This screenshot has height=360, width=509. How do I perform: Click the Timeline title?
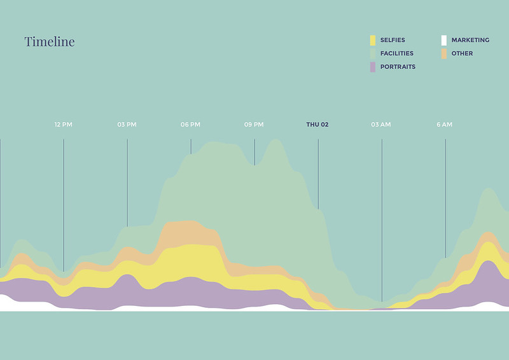pos(50,42)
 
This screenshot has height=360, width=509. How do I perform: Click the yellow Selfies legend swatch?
pos(373,40)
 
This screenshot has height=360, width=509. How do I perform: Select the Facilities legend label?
pos(396,53)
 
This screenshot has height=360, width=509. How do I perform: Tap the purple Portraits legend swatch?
pos(373,67)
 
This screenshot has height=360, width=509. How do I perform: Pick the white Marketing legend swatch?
pos(444,40)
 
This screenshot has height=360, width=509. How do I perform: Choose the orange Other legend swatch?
pos(444,53)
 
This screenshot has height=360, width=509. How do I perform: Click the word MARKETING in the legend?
pos(470,40)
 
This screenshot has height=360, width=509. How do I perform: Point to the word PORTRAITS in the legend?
pos(398,67)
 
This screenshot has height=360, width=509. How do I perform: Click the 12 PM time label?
pos(64,125)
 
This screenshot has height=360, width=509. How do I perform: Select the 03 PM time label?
pos(127,125)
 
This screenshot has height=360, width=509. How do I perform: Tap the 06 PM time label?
pos(190,125)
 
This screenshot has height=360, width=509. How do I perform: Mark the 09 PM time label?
pos(254,125)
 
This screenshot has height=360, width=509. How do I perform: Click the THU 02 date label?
pos(317,125)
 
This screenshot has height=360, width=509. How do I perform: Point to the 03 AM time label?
pos(381,125)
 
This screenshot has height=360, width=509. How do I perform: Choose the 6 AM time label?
pos(445,125)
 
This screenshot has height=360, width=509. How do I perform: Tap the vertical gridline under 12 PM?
pos(64,204)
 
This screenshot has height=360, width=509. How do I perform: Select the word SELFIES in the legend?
pos(393,40)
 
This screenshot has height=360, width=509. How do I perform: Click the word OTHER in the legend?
pos(462,53)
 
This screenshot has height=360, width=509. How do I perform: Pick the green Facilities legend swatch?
pos(373,53)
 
